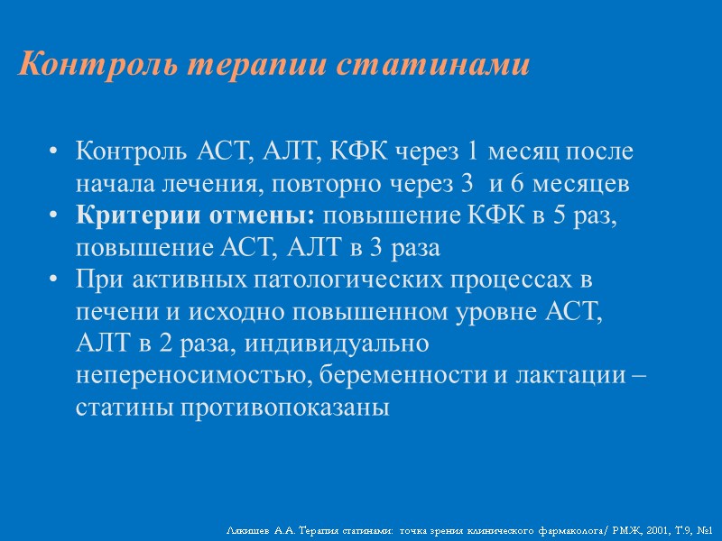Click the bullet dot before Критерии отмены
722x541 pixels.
coord(57,215)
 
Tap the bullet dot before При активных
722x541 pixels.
coord(57,280)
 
